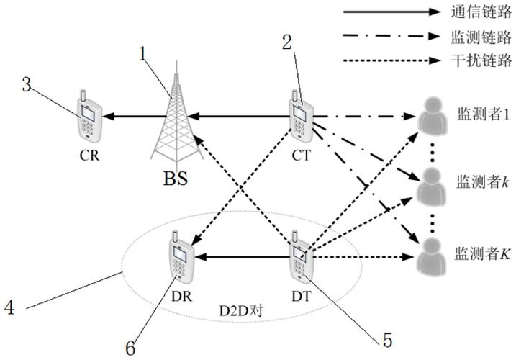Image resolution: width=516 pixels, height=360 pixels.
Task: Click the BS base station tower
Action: (173, 118)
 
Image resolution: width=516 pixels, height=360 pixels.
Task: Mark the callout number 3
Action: (27, 85)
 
